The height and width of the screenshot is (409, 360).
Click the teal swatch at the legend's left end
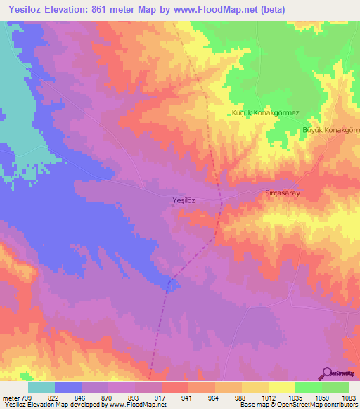pyautogui.click(x=41, y=387)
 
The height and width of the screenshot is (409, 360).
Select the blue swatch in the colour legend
pyautogui.click(x=68, y=387)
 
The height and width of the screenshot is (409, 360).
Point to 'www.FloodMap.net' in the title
pyautogui.click(x=231, y=10)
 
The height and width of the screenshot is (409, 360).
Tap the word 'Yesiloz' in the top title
pyautogui.click(x=23, y=10)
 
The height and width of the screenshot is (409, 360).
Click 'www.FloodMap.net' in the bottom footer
pyautogui.click(x=139, y=405)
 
